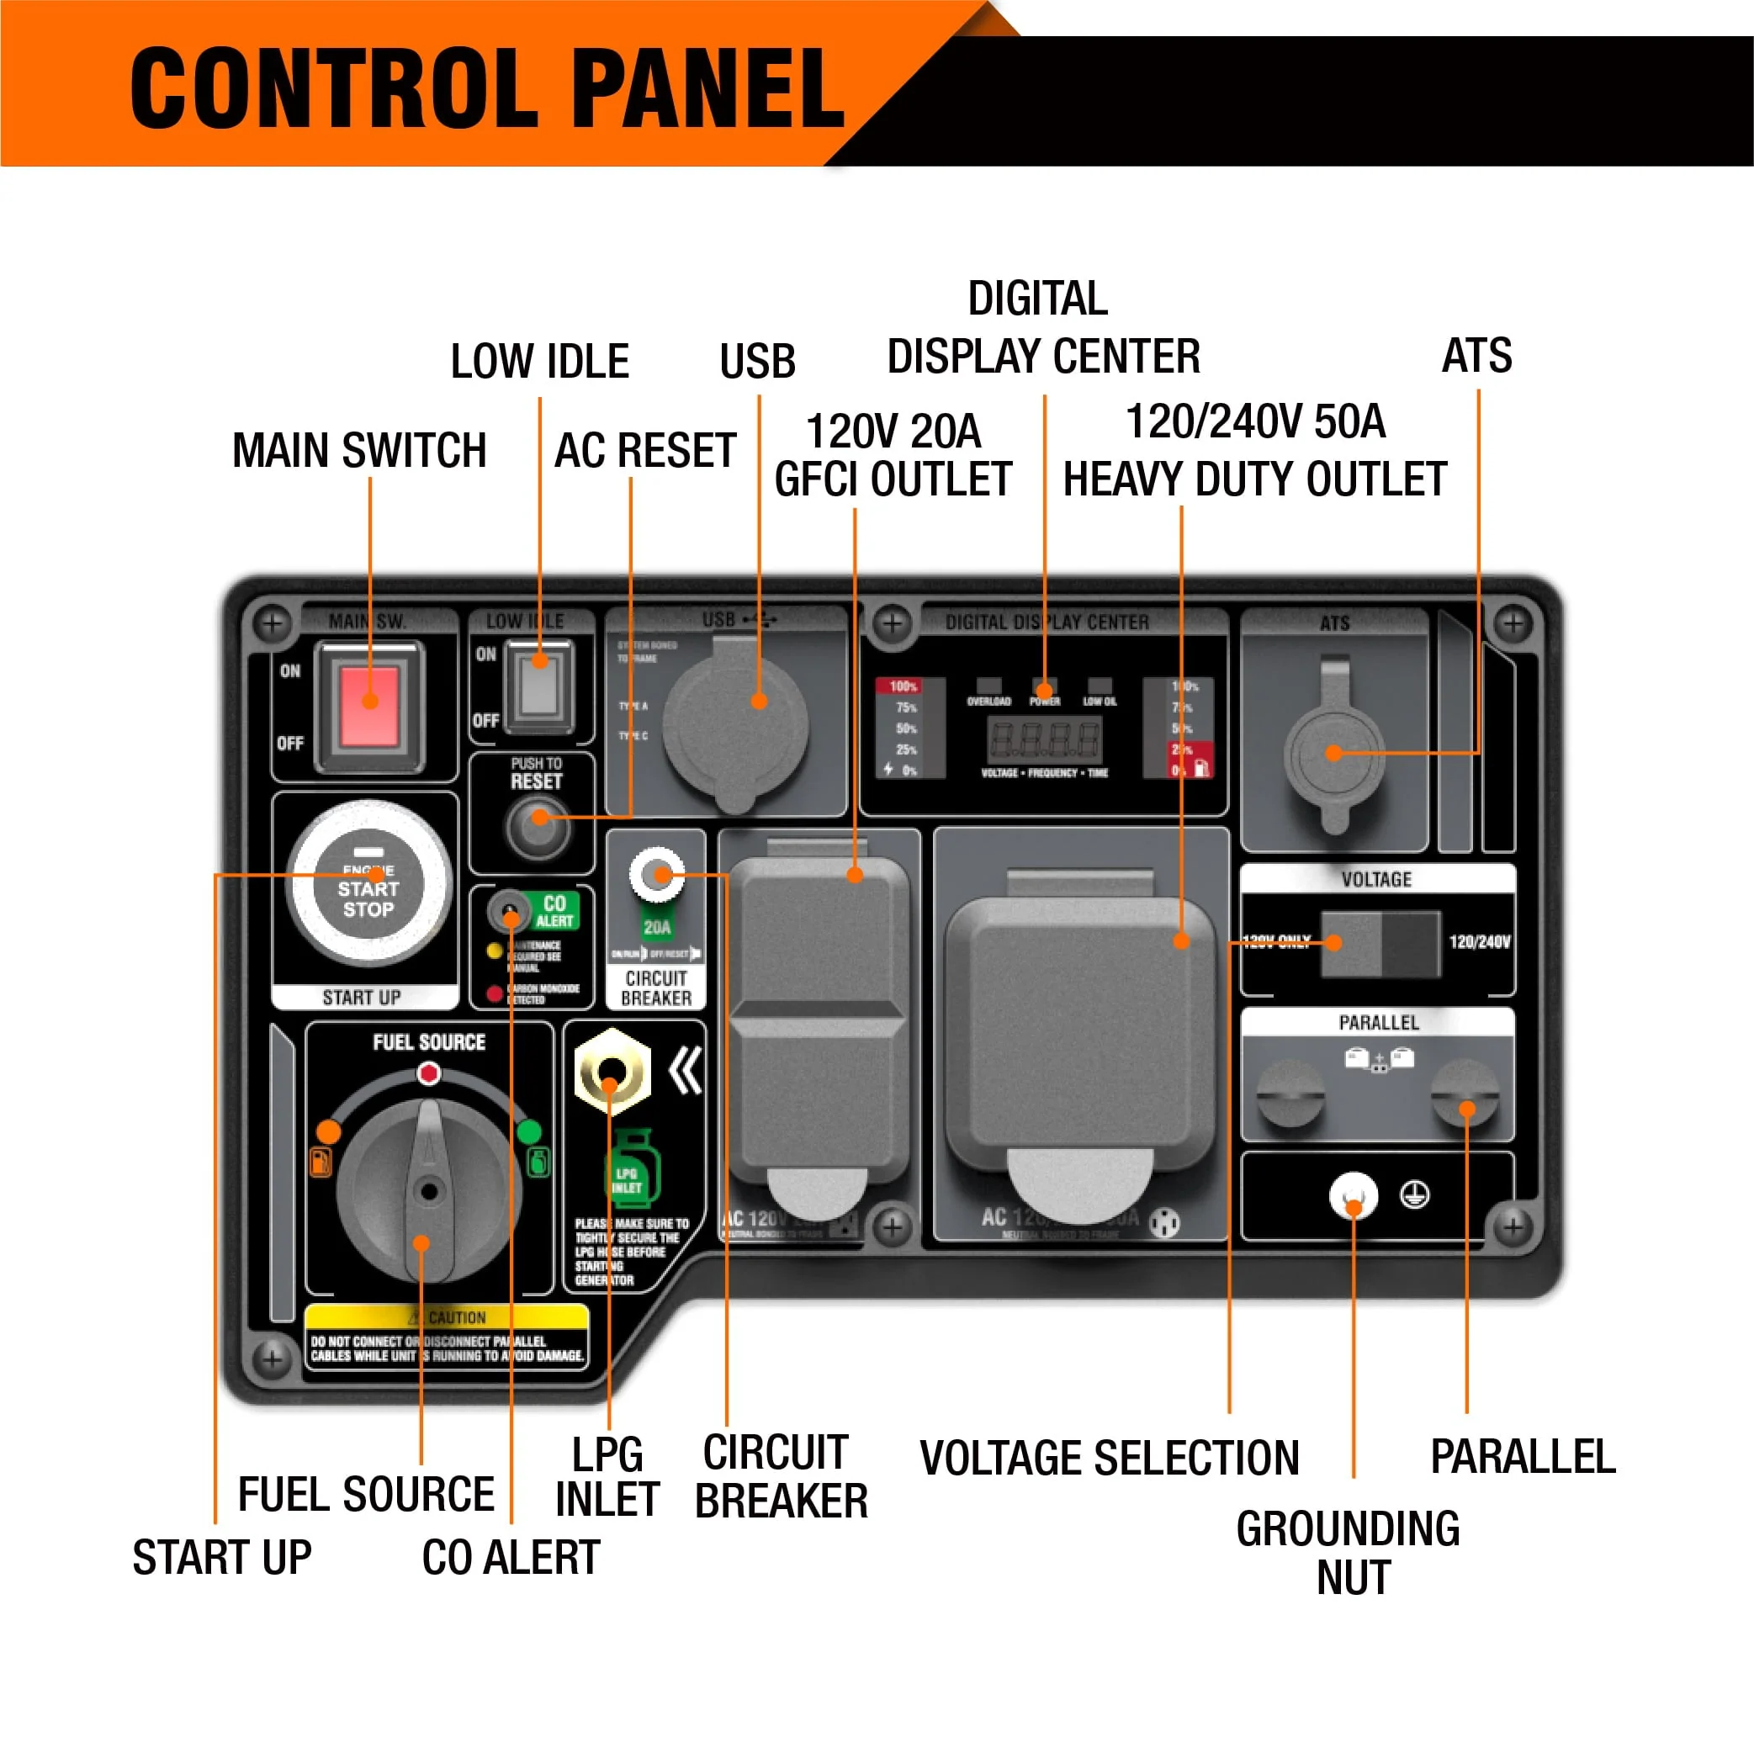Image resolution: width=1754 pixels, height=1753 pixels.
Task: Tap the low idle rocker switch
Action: click(538, 684)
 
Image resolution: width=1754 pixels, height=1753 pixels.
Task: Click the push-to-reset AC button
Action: click(538, 823)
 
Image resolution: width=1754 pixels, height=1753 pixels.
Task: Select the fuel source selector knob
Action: click(428, 1189)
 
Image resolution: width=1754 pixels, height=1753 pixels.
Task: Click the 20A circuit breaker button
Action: click(656, 875)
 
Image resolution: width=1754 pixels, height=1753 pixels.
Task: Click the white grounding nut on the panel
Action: click(1353, 1195)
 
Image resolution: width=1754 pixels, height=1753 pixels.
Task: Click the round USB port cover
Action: click(734, 723)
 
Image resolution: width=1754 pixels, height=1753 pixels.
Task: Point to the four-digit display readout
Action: click(1044, 740)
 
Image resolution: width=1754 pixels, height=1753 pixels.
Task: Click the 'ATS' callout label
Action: click(1476, 355)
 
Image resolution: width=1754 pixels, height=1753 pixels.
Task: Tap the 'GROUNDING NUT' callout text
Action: click(1349, 1554)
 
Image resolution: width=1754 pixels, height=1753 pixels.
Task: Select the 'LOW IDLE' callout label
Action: click(539, 362)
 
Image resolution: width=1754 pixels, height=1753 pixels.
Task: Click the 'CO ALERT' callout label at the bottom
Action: click(511, 1558)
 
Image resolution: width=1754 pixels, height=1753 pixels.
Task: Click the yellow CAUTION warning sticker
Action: click(447, 1334)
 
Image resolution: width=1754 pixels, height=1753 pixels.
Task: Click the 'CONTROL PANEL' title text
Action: click(488, 88)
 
